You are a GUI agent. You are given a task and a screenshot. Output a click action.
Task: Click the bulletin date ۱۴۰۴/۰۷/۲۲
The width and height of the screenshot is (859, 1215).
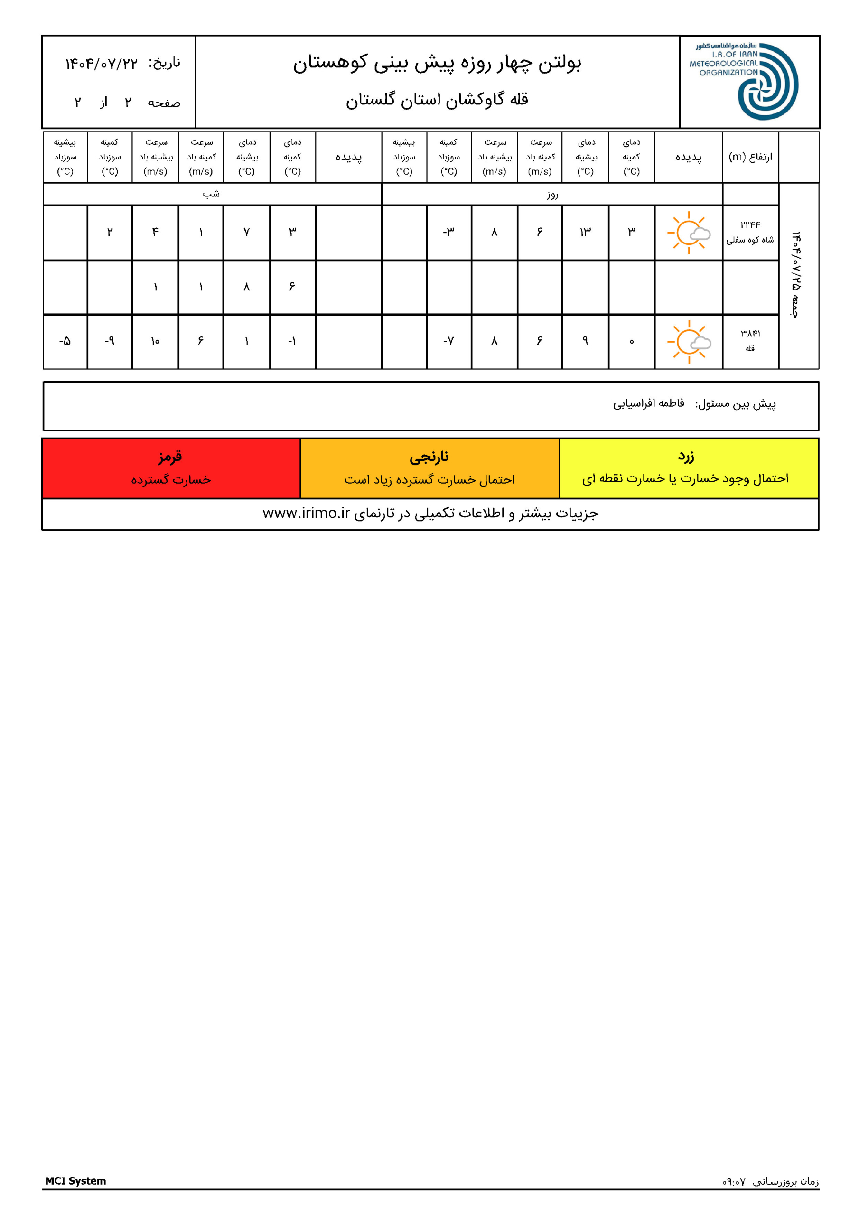tap(101, 64)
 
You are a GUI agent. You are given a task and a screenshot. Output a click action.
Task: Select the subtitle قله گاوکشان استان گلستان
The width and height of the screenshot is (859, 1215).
tap(437, 100)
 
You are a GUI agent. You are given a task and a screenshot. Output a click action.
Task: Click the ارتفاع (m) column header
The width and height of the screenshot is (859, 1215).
tap(750, 157)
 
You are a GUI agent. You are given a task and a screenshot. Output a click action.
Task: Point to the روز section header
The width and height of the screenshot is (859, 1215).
tap(552, 194)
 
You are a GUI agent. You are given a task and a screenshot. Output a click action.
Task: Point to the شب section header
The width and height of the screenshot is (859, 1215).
tap(211, 194)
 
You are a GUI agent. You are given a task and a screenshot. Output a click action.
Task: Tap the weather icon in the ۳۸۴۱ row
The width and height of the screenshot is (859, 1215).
tap(689, 341)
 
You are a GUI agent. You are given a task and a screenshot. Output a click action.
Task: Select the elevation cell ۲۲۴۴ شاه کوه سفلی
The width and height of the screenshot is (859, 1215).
tap(750, 232)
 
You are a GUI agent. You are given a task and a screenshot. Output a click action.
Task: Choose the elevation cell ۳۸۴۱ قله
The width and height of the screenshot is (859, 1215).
tap(750, 341)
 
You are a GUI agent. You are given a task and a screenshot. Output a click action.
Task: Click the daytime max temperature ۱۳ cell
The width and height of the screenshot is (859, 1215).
tap(585, 232)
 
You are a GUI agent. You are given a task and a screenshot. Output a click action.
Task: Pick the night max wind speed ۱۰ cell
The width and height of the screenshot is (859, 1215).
tap(155, 341)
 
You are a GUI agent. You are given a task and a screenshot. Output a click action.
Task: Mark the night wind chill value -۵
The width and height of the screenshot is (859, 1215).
tap(65, 341)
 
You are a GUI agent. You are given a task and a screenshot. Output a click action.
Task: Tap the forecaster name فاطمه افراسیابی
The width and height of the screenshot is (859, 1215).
tap(648, 404)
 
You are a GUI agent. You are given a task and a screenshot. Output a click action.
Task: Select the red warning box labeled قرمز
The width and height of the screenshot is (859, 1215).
tap(171, 468)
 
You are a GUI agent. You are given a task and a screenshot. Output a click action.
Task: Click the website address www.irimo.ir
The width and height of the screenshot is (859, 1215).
tap(307, 514)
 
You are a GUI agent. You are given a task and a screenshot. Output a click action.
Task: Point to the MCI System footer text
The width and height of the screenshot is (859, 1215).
tap(75, 1181)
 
